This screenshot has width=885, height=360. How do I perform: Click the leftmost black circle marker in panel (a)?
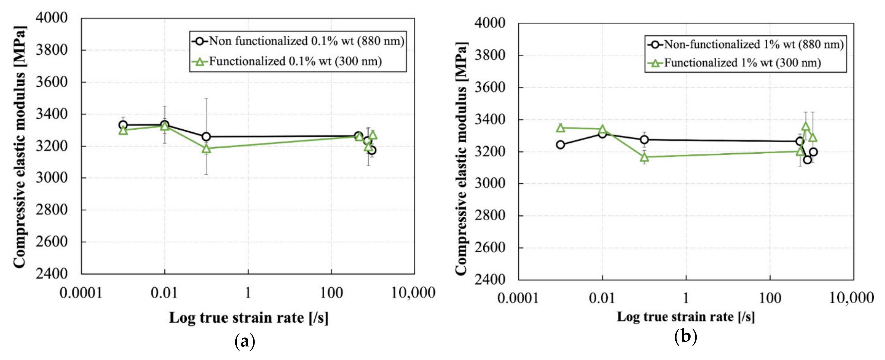123,125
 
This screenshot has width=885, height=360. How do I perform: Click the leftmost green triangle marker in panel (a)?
123,131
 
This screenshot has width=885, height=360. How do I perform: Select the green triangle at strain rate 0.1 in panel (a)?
206,148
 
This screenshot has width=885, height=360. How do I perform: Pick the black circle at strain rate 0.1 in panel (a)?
206,137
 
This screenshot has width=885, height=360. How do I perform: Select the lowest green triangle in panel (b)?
644,157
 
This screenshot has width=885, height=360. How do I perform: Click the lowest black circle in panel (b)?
807,160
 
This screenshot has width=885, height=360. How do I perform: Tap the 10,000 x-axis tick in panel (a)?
413,293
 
